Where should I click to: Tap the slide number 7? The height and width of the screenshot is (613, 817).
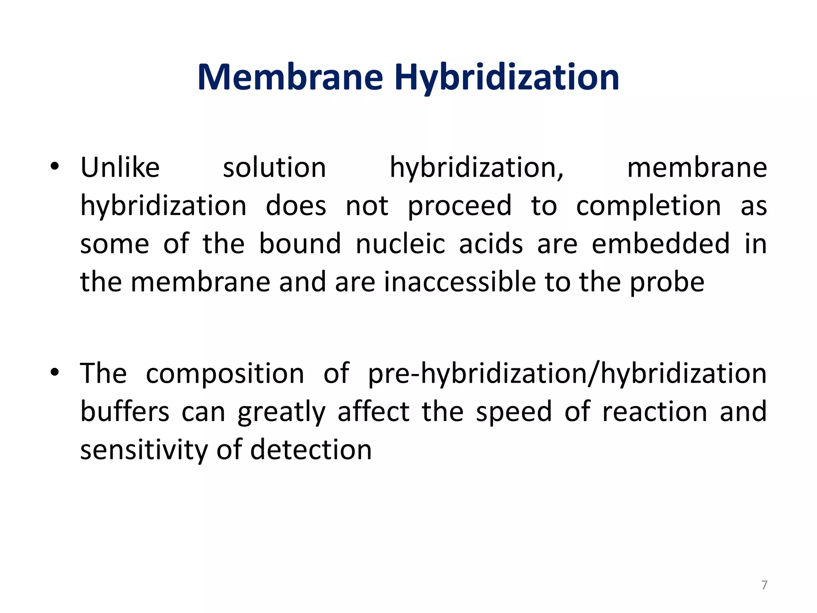764,585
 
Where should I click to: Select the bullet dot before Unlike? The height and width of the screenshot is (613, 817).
55,167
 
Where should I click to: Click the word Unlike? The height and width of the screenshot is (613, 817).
120,167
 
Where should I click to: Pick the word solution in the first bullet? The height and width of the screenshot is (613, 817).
274,167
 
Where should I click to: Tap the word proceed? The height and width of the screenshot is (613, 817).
460,206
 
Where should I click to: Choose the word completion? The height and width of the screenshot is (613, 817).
649,206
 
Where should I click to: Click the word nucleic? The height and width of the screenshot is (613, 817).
400,244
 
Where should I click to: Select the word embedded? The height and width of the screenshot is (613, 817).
661,244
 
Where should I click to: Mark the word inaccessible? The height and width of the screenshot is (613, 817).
460,282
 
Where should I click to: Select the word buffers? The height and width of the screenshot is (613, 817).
125,411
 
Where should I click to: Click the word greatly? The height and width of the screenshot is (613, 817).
281,412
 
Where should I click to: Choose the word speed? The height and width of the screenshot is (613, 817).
514,412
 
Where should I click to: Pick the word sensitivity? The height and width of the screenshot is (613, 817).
144,450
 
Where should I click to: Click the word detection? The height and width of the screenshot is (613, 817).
311,450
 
